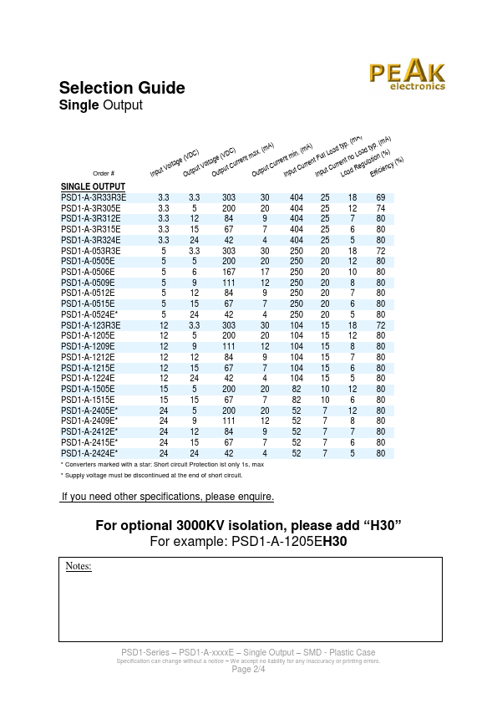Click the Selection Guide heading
[122, 89]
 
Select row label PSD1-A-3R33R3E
[94, 197]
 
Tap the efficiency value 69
[381, 197]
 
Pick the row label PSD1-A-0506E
[88, 272]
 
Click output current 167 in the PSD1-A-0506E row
[229, 272]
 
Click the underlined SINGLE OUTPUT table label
[93, 186]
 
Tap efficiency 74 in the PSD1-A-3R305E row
[381, 207]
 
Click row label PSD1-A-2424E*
[89, 453]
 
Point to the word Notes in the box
[79, 566]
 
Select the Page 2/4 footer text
[248, 670]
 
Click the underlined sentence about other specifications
[167, 497]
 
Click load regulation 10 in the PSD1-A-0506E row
[352, 272]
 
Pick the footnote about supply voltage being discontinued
[151, 474]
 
